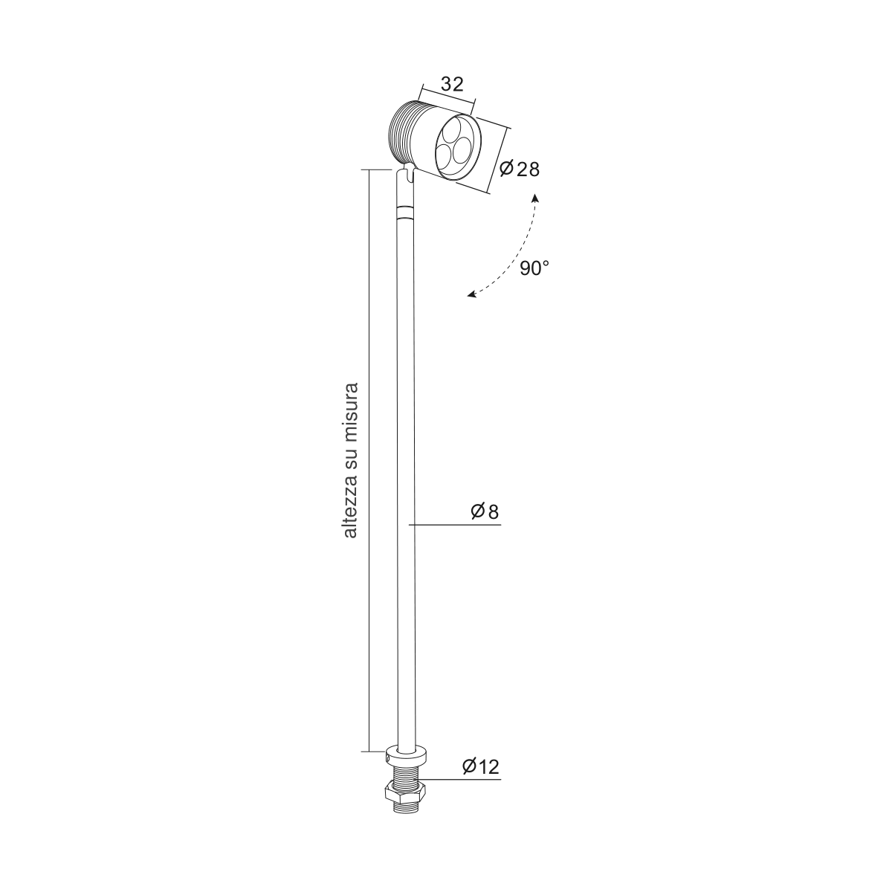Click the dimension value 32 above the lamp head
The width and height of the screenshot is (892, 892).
click(452, 84)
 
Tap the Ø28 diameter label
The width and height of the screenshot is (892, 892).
click(520, 169)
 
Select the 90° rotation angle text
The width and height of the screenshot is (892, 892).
click(534, 268)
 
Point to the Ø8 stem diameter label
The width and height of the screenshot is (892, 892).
click(485, 511)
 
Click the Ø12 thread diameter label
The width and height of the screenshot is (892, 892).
click(480, 766)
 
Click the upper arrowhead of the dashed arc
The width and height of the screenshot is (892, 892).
click(534, 198)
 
